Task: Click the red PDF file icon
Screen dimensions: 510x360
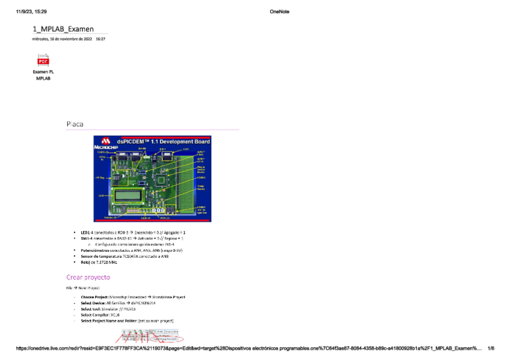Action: click(43, 60)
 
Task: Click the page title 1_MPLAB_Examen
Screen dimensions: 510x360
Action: click(63, 29)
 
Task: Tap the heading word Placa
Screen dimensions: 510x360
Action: click(75, 124)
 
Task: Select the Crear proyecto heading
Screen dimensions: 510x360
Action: click(88, 277)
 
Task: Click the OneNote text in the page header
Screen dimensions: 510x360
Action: click(280, 11)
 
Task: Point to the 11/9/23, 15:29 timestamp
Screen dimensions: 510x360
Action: click(32, 11)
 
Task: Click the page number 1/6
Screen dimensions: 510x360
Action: click(491, 348)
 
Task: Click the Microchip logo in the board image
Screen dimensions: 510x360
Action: click(106, 144)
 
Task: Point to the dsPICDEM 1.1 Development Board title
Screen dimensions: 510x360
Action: click(168, 141)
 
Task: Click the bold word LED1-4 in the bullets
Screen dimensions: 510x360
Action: click(86, 232)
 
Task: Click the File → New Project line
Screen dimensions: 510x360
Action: click(82, 288)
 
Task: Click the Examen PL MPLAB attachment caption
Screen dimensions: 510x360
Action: click(43, 75)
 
